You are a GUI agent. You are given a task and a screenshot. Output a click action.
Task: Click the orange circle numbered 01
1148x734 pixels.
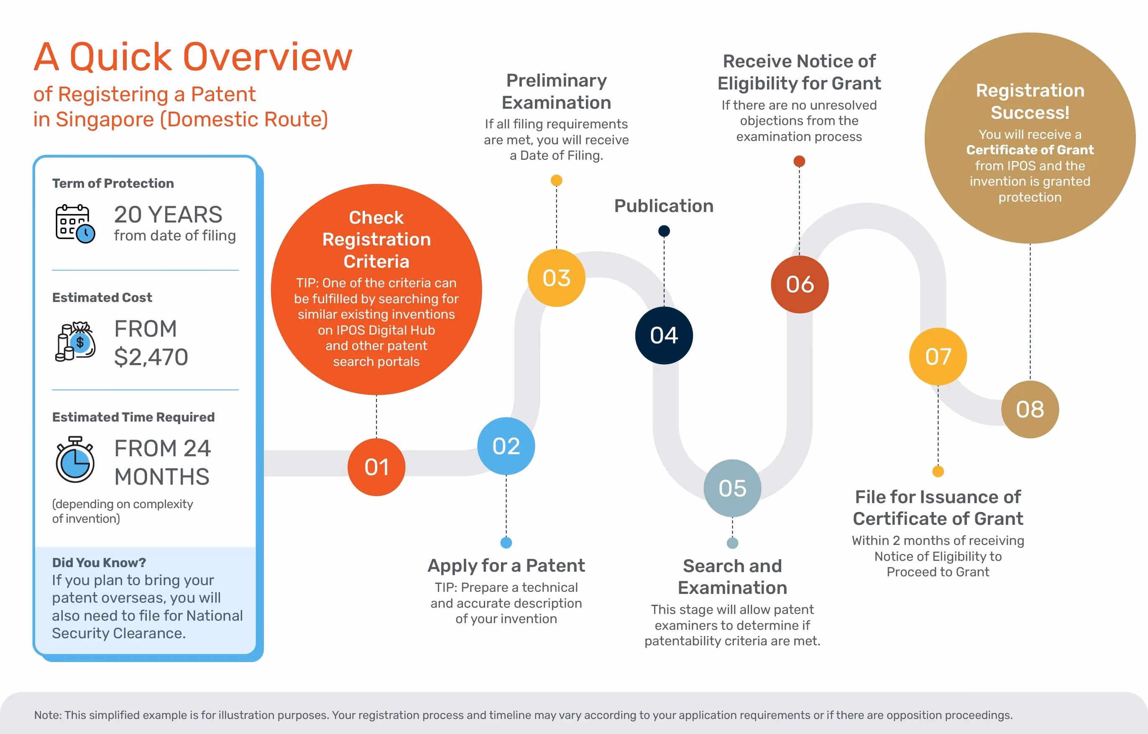point(376,467)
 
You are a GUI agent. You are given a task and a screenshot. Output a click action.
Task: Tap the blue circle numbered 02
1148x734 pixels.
point(506,446)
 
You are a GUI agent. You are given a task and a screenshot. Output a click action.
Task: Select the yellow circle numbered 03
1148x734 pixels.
point(556,278)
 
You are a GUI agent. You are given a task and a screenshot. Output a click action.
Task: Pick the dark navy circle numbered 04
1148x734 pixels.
point(664,335)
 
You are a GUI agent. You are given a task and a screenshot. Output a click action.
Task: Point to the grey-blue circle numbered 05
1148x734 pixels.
point(732,488)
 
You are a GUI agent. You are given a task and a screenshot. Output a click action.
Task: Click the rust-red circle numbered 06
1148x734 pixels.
point(800,284)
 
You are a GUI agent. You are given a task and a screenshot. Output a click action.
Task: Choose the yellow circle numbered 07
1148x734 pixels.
point(938,356)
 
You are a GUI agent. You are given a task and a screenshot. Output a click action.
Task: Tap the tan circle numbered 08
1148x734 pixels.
point(1030,409)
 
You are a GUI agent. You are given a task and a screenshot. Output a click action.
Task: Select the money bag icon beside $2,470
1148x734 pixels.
point(75,341)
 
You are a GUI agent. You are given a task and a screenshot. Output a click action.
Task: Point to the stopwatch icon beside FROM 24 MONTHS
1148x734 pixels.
point(75,460)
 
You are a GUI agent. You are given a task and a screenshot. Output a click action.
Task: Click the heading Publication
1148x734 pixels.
point(664,206)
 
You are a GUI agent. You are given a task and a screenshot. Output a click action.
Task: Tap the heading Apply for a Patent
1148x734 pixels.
point(506,566)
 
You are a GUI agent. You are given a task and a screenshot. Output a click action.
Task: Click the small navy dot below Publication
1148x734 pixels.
point(664,231)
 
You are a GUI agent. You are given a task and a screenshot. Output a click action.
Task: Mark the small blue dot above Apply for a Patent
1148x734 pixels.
point(506,543)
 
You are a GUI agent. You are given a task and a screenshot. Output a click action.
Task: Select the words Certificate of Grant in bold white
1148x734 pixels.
point(1030,150)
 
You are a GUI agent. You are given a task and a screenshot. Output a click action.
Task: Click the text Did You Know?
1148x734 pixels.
point(99,563)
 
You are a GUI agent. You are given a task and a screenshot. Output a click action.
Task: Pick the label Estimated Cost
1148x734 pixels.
point(102,297)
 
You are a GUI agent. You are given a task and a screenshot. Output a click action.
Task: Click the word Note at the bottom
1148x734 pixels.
point(47,715)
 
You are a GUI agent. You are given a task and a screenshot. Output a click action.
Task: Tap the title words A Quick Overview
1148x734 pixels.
point(193,57)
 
